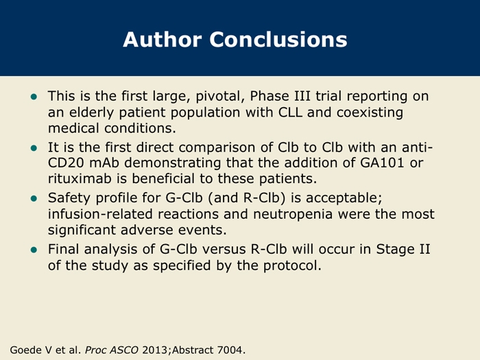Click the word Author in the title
[x=163, y=40]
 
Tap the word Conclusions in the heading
[x=278, y=40]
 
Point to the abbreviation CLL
[x=290, y=112]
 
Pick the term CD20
[x=66, y=163]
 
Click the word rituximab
[x=80, y=178]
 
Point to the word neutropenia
[x=293, y=214]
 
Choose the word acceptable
[x=344, y=198]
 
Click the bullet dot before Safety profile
[x=34, y=199]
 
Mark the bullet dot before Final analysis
[x=34, y=250]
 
